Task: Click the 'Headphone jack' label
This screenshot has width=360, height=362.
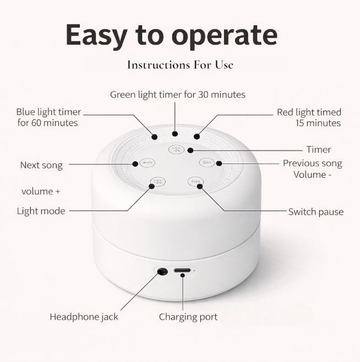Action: pyautogui.click(x=84, y=317)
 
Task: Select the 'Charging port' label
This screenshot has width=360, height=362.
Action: pyautogui.click(x=188, y=317)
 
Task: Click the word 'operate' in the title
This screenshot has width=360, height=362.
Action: pyautogui.click(x=225, y=35)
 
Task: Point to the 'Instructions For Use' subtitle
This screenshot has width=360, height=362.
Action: pyautogui.click(x=180, y=65)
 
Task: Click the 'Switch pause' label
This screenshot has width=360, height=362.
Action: pyautogui.click(x=315, y=212)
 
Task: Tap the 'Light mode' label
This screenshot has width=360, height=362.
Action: pyautogui.click(x=41, y=211)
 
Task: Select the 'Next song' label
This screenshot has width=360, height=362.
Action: pyautogui.click(x=41, y=165)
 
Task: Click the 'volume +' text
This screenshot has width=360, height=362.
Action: pyautogui.click(x=41, y=192)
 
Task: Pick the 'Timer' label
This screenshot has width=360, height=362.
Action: pyautogui.click(x=318, y=150)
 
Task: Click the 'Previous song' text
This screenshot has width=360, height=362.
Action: pyautogui.click(x=312, y=163)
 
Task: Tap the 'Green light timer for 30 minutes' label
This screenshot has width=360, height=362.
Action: pyautogui.click(x=177, y=95)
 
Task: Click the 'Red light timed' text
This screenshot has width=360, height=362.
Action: pyautogui.click(x=309, y=113)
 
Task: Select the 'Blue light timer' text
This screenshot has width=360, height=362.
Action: pyautogui.click(x=48, y=112)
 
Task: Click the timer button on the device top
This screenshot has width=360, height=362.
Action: pyautogui.click(x=176, y=150)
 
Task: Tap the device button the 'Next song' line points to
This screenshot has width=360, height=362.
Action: pyautogui.click(x=146, y=163)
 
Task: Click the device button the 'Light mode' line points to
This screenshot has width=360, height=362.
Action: pyautogui.click(x=157, y=182)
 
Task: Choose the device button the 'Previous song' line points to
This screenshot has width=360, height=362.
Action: pyautogui.click(x=206, y=163)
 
